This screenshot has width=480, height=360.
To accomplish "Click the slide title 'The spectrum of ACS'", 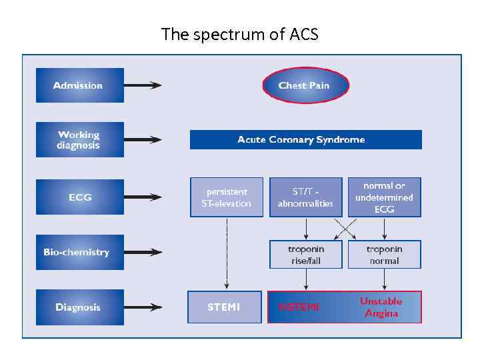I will click(240, 35).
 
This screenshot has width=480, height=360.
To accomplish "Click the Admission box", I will click(79, 85).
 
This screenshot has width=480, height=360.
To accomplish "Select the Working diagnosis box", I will click(79, 140).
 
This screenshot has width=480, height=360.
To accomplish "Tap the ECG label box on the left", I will click(79, 197).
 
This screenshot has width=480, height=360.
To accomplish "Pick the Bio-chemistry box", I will click(79, 252).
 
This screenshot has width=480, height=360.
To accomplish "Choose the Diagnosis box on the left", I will click(79, 307).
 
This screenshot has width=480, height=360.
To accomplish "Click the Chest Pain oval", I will click(305, 85).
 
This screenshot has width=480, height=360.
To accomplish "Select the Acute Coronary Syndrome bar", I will click(305, 140).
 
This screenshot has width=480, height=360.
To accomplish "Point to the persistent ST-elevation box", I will click(226, 197).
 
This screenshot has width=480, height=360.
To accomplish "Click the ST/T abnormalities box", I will click(305, 197).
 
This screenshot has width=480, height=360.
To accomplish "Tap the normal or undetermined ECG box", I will click(384, 197).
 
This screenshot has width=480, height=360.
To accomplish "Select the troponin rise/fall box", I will click(305, 254).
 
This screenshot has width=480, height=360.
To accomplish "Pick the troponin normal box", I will click(384, 254).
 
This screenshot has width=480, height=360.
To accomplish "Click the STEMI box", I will click(224, 307).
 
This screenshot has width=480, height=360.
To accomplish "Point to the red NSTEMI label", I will click(299, 307).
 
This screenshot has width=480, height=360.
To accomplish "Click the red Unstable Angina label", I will click(381, 307).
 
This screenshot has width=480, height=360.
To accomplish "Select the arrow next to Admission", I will click(143, 85).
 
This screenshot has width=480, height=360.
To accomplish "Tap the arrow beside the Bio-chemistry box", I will click(143, 252).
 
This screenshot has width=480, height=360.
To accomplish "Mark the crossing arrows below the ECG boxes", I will click(345, 228).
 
